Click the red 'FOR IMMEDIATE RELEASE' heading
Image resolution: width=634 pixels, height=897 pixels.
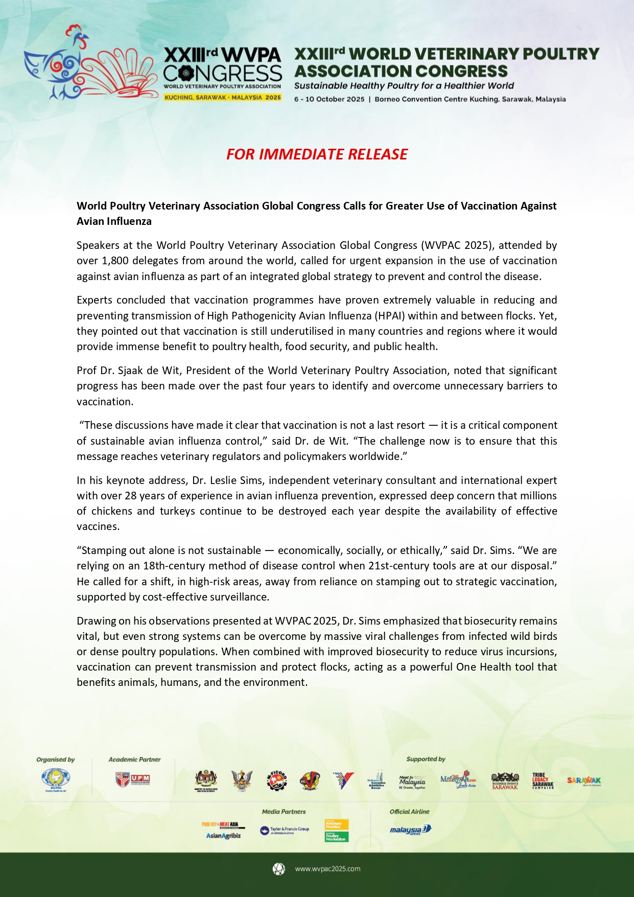[x=317, y=154]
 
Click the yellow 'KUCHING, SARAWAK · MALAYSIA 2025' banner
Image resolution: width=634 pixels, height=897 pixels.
[x=222, y=97]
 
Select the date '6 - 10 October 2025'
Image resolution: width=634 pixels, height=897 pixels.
[x=329, y=99]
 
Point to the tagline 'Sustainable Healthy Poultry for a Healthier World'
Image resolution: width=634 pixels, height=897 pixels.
[x=404, y=86]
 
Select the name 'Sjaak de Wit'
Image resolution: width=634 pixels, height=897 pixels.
[x=153, y=371]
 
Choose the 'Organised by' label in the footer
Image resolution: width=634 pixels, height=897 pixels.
[x=55, y=760]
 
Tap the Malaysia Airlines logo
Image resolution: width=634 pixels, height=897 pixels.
[x=410, y=830]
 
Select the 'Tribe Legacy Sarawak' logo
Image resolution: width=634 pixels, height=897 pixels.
[x=543, y=780]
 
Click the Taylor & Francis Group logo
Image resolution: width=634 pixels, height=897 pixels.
[x=285, y=830]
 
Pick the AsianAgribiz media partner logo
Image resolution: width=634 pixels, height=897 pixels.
[x=223, y=836]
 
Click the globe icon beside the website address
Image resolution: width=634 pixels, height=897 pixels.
[x=278, y=869]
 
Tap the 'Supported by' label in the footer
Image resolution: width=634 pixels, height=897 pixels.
[x=426, y=760]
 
